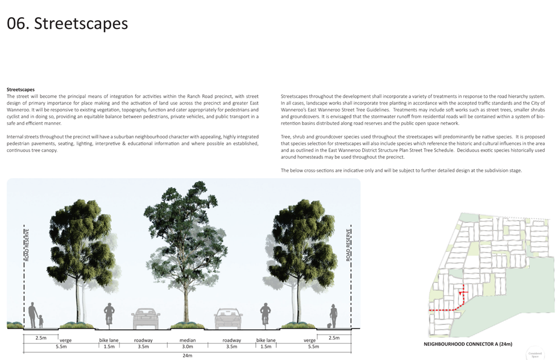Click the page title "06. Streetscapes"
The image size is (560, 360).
67,23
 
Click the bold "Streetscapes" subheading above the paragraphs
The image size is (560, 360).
20,90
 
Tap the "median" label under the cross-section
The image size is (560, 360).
188,340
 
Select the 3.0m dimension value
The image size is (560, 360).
188,346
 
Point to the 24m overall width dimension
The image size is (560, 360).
188,355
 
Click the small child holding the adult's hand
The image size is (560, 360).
41,321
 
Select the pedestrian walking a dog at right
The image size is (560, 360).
333,316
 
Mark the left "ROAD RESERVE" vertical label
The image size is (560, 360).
27,245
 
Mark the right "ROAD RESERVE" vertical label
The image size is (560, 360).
348,245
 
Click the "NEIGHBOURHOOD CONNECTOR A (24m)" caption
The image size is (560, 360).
468,344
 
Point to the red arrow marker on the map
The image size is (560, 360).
462,293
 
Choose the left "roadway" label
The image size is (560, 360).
143,340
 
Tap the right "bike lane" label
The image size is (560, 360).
266,340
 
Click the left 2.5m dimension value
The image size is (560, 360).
41,338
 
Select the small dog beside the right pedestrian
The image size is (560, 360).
329,326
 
